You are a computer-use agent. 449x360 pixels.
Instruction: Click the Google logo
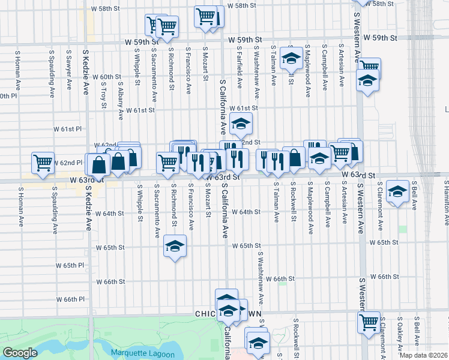coord(20,353)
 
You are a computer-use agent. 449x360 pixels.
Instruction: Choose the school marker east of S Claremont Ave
coord(396,192)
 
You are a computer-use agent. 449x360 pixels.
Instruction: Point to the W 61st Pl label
coord(67,129)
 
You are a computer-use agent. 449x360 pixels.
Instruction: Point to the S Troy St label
coord(104,84)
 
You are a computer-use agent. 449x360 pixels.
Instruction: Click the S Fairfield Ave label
coord(239,68)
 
